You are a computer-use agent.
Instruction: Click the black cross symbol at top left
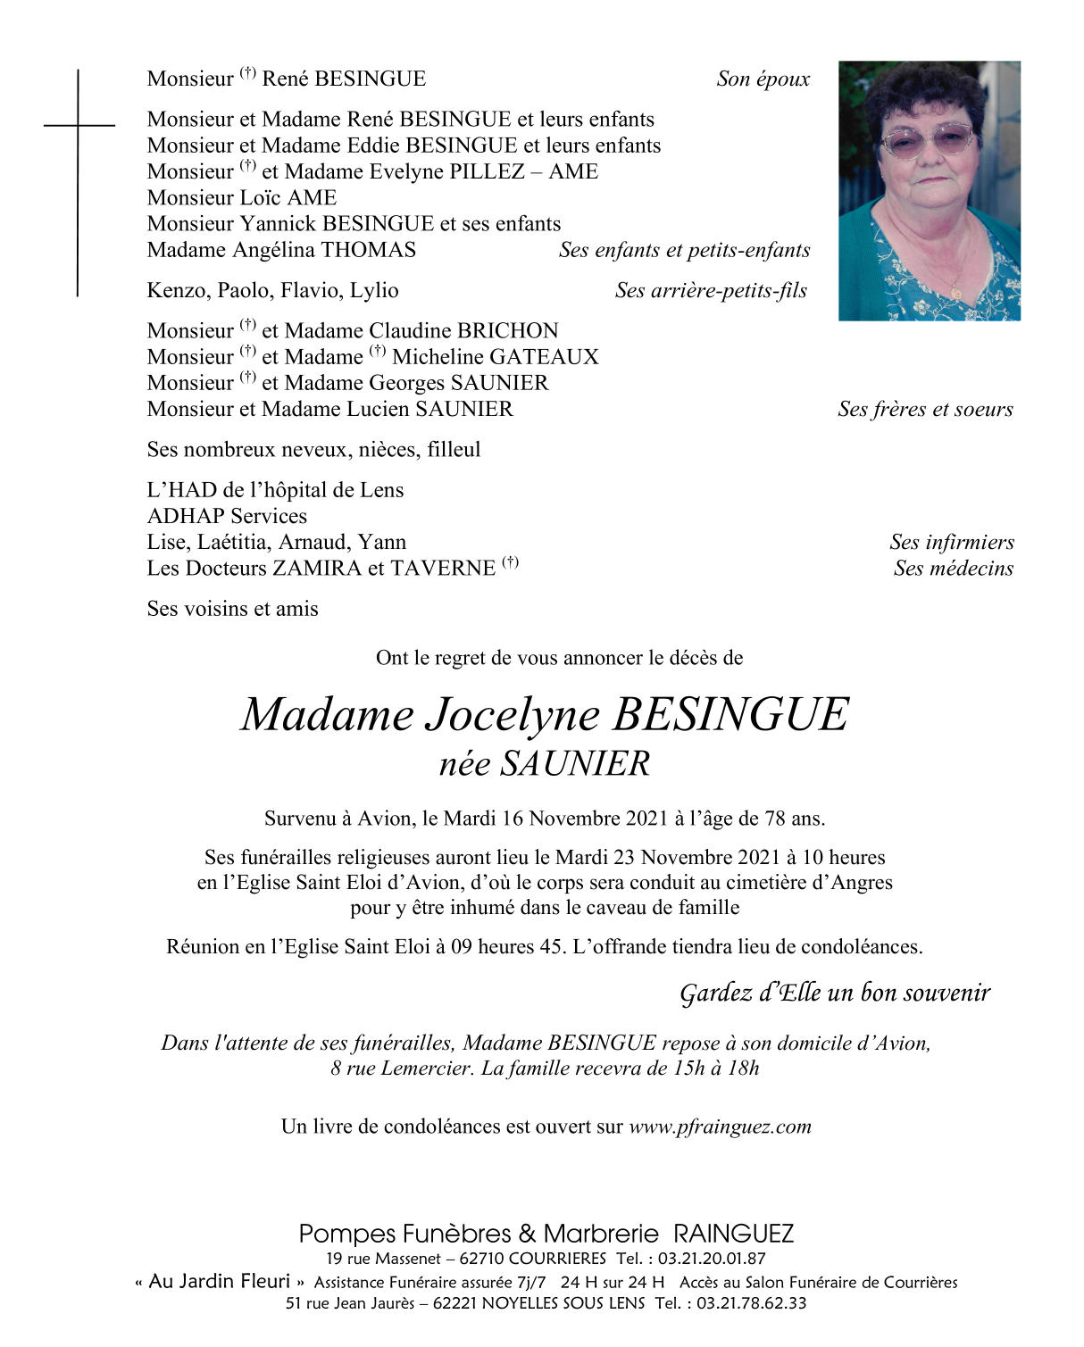(78, 126)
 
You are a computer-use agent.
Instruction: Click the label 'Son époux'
(763, 79)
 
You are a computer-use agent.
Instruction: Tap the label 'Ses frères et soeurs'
(925, 410)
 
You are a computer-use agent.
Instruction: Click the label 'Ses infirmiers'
(951, 543)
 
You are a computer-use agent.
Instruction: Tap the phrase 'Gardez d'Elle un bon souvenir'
(835, 994)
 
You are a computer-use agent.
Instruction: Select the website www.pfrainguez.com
(720, 1127)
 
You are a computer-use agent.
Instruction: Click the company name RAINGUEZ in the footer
(733, 1235)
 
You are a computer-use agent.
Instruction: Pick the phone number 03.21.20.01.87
(712, 1259)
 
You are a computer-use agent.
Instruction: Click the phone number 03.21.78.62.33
(752, 1303)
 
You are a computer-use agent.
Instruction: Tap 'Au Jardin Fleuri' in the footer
(220, 1282)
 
